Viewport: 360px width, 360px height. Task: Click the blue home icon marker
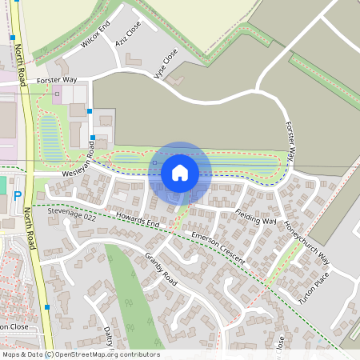(180, 172)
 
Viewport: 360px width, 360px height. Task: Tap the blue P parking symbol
(17, 195)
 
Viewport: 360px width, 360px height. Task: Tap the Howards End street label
(137, 221)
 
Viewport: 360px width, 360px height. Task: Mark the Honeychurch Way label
(308, 240)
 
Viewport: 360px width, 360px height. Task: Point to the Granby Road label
(161, 267)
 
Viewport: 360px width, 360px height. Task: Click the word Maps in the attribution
(12, 354)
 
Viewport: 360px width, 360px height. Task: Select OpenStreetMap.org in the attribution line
(90, 354)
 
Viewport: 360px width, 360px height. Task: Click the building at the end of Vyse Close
(178, 82)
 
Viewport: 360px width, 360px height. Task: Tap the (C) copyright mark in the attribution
(49, 354)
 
